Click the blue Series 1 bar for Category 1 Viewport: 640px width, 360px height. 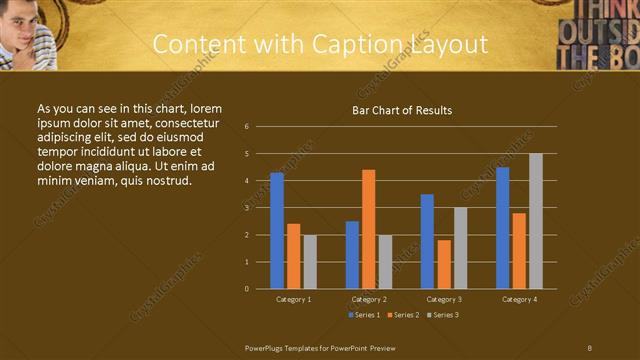click(277, 231)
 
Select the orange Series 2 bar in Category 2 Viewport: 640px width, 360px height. click(369, 229)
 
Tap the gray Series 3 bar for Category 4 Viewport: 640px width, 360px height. click(536, 221)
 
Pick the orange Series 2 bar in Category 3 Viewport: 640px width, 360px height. click(444, 264)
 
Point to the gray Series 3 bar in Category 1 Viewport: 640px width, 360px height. click(310, 262)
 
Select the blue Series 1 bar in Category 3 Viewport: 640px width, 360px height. click(427, 241)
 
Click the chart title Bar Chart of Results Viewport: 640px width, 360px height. click(402, 110)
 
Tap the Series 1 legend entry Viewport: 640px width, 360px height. click(362, 315)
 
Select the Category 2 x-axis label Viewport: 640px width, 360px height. click(369, 299)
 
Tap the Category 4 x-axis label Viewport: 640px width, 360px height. click(519, 299)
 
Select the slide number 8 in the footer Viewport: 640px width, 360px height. click(590, 347)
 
